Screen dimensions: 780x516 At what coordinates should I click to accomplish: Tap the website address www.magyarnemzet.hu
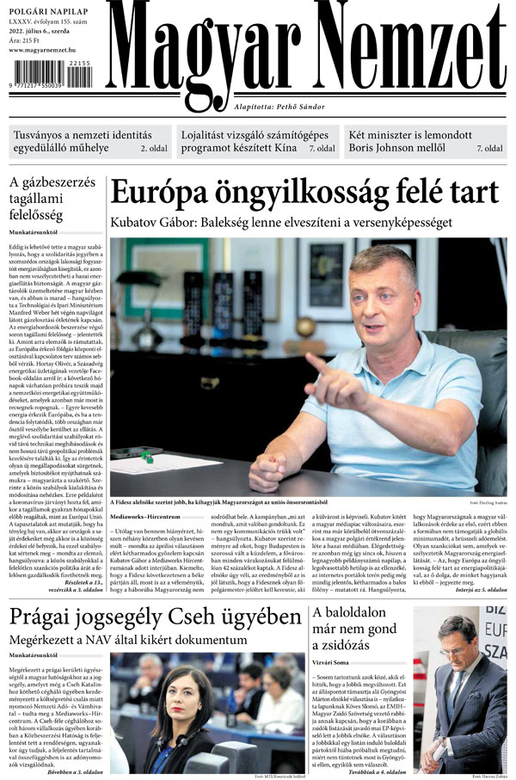tap(51, 50)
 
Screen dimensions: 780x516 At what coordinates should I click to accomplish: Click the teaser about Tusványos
tap(81, 141)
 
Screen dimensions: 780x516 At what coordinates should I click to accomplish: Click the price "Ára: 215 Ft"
tap(28, 39)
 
